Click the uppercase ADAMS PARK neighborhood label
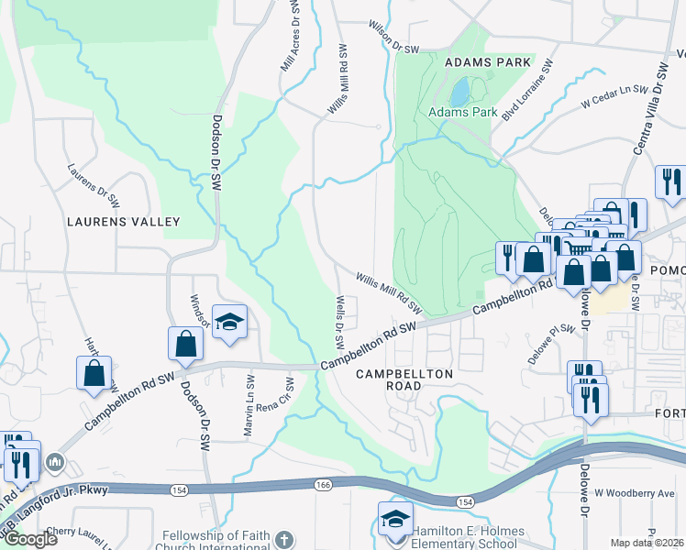[488, 62]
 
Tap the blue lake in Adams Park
[459, 91]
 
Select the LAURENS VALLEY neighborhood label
[123, 222]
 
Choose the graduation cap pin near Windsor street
[229, 322]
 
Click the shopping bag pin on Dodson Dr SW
[185, 345]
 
